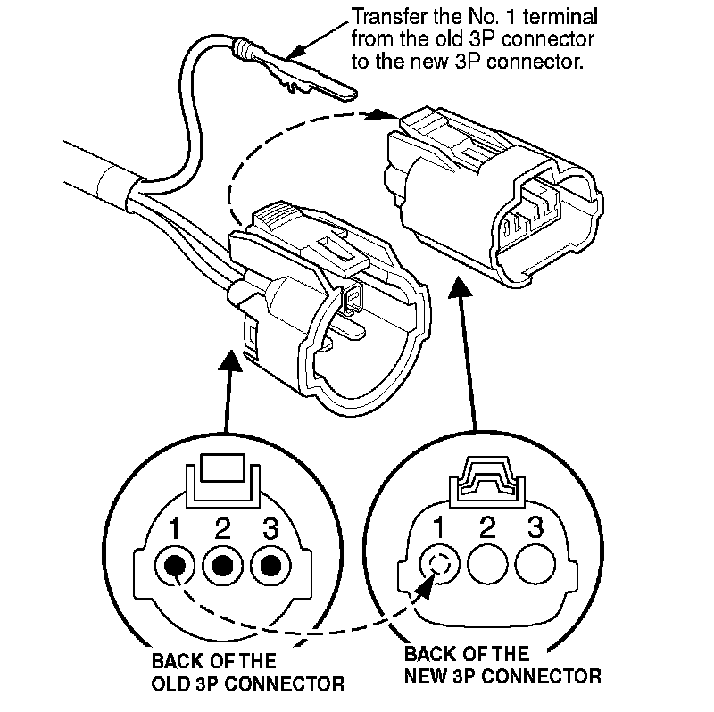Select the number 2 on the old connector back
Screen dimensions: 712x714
223,529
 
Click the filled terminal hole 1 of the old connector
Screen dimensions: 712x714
176,565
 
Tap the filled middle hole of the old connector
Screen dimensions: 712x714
223,565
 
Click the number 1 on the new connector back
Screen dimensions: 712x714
439,527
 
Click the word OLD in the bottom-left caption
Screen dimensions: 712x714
168,684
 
